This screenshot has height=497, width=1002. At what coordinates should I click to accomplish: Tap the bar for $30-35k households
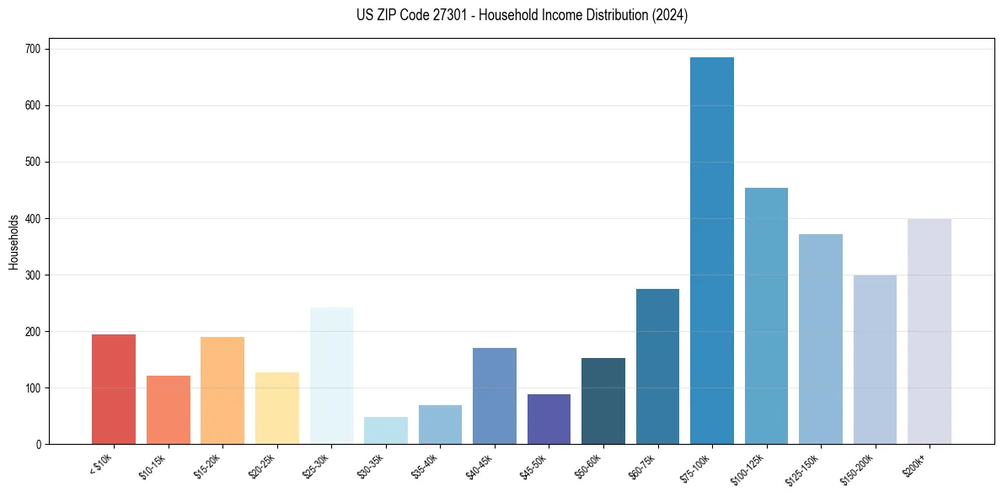click(385, 430)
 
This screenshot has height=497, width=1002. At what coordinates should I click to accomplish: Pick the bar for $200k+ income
click(929, 332)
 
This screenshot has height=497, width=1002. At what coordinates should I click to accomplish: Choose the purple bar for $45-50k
click(549, 419)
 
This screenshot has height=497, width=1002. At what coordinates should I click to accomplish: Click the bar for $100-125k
click(766, 316)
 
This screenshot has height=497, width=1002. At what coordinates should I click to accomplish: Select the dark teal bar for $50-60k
click(603, 401)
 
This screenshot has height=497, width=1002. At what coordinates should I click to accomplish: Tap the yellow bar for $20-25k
click(276, 408)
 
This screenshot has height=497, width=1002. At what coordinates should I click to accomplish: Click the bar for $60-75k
click(657, 366)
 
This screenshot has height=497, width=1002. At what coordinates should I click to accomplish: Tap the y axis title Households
click(13, 241)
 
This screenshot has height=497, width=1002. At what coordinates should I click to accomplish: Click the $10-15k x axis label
click(152, 465)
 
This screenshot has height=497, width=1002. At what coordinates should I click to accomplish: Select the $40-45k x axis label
click(478, 465)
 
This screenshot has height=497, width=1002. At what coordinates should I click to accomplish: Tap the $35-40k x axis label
click(424, 465)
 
